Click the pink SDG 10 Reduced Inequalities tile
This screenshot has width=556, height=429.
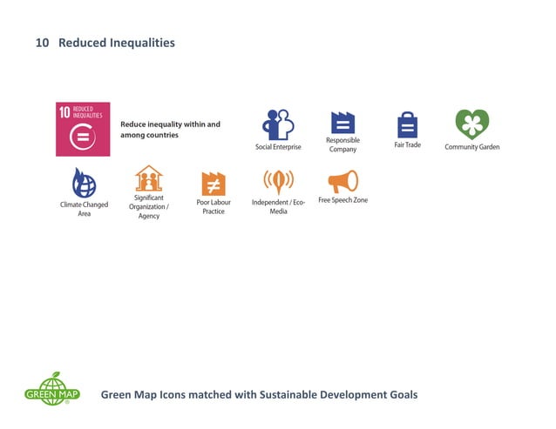tap(83, 129)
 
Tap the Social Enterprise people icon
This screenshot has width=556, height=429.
tap(278, 124)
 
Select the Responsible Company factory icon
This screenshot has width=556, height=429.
tap(342, 123)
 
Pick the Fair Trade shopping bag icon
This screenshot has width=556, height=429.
tap(407, 124)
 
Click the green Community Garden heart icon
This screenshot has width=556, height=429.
tap(472, 124)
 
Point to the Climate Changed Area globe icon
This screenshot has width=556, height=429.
tap(84, 183)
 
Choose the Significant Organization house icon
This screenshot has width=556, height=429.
tap(148, 178)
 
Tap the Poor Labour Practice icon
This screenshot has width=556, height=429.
tap(214, 184)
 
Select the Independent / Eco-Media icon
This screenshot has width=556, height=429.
tap(278, 182)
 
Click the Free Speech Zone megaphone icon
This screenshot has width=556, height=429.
tap(342, 181)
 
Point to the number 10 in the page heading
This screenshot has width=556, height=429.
tap(41, 43)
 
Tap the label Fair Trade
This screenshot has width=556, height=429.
tap(407, 144)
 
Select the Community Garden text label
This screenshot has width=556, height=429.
tap(472, 147)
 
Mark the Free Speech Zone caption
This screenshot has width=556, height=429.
tap(342, 200)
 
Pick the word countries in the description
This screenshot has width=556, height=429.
tap(161, 135)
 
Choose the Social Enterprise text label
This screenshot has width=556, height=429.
tap(278, 147)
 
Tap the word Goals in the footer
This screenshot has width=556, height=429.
tap(401, 394)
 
